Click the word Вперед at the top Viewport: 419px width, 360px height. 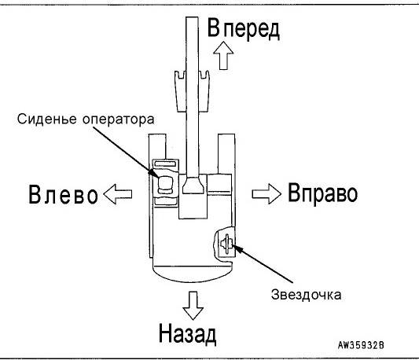click(x=244, y=28)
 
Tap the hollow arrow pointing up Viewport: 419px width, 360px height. click(x=223, y=55)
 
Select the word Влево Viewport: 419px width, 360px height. click(x=63, y=194)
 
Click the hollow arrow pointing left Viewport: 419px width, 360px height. click(x=118, y=194)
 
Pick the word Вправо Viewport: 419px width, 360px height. click(x=322, y=193)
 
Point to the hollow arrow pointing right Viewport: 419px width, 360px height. click(x=266, y=194)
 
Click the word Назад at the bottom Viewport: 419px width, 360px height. click(x=188, y=333)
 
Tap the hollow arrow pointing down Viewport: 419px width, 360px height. click(x=193, y=306)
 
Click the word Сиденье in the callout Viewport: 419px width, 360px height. click(x=47, y=119)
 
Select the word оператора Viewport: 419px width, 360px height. click(x=119, y=119)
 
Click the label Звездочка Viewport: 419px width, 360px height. click(x=307, y=295)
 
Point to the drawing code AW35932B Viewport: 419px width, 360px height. click(x=361, y=345)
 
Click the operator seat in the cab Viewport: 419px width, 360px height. click(x=165, y=185)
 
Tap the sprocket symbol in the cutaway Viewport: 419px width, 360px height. click(x=226, y=243)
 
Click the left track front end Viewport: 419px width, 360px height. click(x=157, y=146)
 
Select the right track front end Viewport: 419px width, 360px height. click(x=226, y=154)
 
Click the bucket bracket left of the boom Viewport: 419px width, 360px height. click(x=180, y=91)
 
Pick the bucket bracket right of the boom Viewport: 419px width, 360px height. click(x=204, y=91)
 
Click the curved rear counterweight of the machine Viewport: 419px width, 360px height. click(x=192, y=274)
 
